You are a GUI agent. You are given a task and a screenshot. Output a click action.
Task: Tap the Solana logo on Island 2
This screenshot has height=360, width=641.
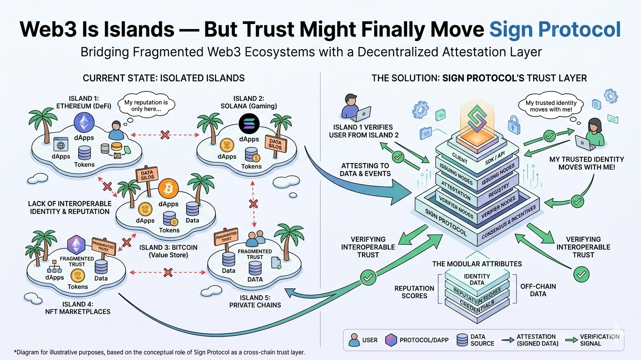[249, 125]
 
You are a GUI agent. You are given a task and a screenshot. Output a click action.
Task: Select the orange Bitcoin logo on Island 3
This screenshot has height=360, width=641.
[168, 188]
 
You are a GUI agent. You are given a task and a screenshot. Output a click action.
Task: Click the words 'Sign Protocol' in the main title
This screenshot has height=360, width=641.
[555, 29]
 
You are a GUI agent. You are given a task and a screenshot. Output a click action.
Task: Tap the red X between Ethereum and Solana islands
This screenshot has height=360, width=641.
[165, 135]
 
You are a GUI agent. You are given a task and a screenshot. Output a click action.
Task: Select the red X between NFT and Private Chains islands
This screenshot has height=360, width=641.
[167, 271]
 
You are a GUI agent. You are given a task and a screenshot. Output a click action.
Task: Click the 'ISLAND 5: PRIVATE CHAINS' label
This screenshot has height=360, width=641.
[255, 301]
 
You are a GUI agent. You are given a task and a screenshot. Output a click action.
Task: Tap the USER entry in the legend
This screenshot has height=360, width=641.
[363, 340]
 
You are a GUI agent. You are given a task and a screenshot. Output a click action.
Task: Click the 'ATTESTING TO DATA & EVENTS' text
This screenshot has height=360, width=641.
[365, 169]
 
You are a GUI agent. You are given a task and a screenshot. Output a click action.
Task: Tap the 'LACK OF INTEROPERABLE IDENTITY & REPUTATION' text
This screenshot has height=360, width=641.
[70, 207]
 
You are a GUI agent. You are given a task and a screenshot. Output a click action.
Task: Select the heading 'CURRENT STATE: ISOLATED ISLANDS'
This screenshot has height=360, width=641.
[163, 78]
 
